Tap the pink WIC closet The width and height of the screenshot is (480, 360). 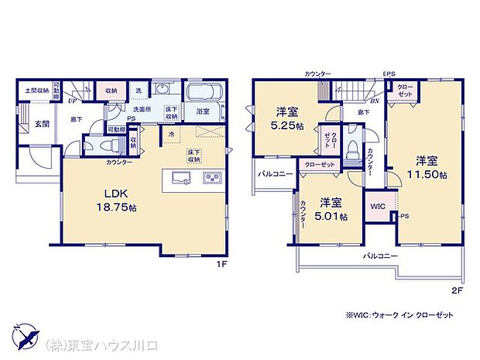[378, 207]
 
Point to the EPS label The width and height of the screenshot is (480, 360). [389, 74]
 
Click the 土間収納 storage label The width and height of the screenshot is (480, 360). [36, 91]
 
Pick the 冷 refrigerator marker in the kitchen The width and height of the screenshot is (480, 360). [172, 134]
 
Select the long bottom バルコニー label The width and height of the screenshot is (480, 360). [379, 255]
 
